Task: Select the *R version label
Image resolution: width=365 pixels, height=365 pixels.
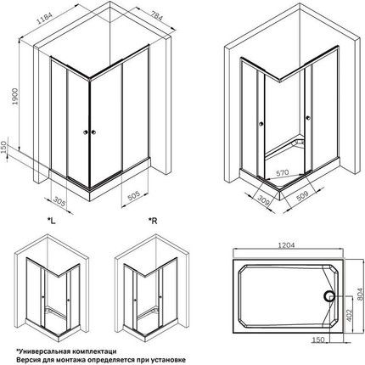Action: (154, 222)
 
